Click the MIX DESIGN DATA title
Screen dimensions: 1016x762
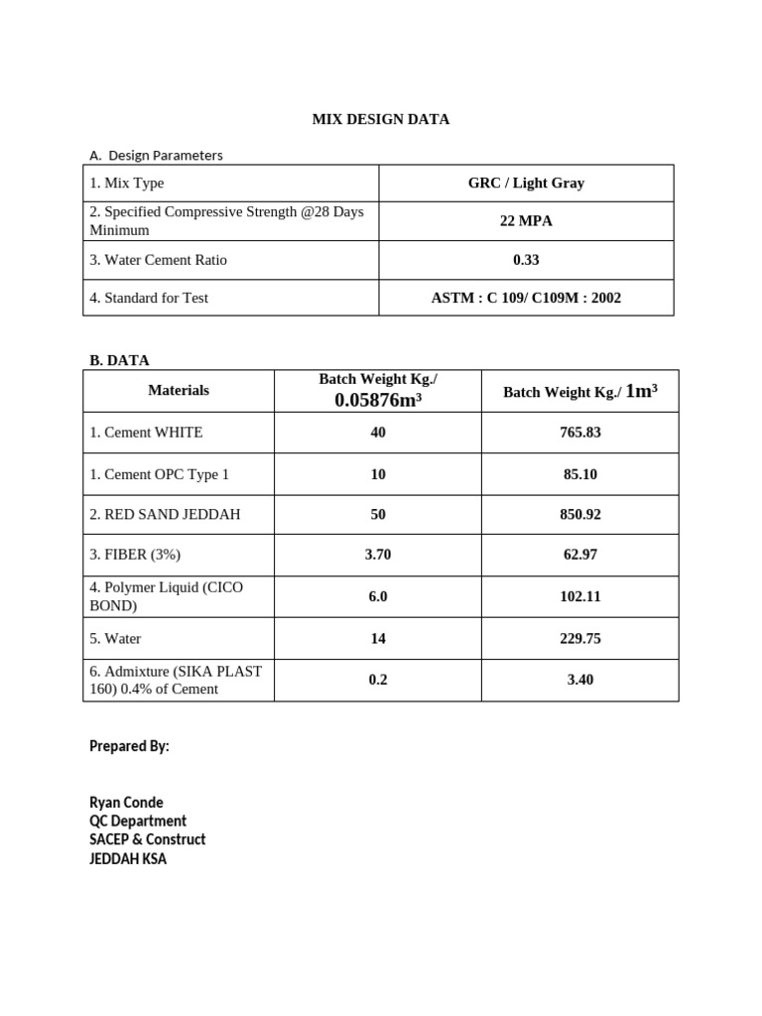(380, 119)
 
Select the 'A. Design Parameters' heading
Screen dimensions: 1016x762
(156, 155)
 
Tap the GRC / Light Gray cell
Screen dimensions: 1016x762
(526, 183)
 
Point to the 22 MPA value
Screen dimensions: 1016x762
(526, 221)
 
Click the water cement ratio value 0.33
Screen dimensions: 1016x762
(526, 260)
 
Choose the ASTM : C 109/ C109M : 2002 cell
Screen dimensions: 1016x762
(526, 298)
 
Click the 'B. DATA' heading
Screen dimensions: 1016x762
(119, 360)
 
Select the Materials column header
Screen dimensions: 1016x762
(179, 390)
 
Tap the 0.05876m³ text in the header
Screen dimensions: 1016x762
(378, 401)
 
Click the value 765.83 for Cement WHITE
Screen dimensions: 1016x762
(580, 433)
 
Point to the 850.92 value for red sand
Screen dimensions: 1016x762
(580, 515)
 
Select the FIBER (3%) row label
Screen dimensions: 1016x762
(135, 555)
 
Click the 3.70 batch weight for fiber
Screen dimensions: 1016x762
(378, 555)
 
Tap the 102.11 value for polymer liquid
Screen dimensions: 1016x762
(580, 596)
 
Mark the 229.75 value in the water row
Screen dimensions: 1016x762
(580, 639)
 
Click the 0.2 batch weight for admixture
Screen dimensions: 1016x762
(378, 680)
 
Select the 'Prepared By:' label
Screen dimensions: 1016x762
(129, 746)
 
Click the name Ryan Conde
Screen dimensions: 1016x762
(126, 803)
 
